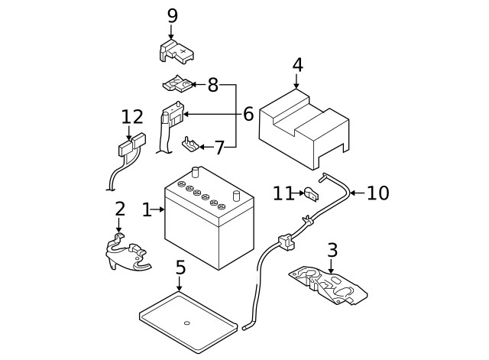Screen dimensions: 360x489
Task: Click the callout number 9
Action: click(172, 15)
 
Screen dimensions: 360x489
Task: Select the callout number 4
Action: click(296, 65)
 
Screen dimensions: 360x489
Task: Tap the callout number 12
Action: click(132, 117)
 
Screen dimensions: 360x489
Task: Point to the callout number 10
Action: click(377, 193)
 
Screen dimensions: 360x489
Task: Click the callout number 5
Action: click(180, 268)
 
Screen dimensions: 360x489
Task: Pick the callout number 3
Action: click(332, 250)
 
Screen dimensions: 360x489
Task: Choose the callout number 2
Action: click(120, 209)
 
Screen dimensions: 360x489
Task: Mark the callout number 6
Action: click(248, 115)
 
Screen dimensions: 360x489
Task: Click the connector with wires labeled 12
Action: click(129, 148)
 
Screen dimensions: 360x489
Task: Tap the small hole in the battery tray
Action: click(186, 323)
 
